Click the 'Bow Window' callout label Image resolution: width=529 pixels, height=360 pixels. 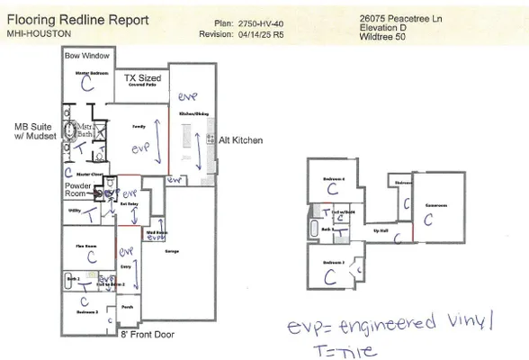[86, 56]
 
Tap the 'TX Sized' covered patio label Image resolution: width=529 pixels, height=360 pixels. [143, 79]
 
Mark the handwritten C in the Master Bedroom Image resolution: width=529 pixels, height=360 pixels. [86, 83]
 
